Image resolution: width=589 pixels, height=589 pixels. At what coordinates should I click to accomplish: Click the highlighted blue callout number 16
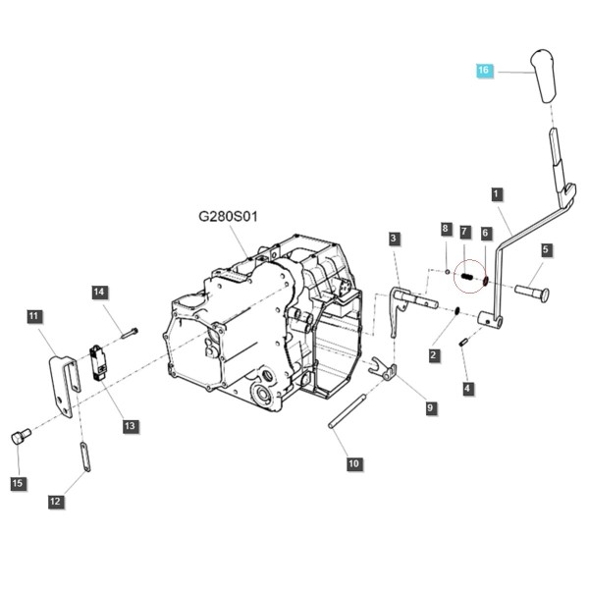coord(483,71)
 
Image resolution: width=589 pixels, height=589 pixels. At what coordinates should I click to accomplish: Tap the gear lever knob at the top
coord(543,76)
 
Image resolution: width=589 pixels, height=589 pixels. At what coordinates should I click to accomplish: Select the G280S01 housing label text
coord(228,217)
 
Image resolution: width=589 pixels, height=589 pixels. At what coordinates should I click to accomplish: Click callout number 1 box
coord(497,194)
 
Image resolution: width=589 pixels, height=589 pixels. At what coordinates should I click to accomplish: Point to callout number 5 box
coord(547,249)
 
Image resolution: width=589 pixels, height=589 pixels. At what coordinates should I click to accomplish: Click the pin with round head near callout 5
coord(532,292)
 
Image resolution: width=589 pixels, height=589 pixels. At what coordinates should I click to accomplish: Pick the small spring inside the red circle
coord(466,276)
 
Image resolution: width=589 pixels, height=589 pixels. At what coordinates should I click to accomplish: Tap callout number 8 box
coord(446,229)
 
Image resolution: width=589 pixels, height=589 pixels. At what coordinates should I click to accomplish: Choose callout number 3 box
coord(394,239)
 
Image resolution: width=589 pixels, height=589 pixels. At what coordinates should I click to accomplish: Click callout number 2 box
coord(434,355)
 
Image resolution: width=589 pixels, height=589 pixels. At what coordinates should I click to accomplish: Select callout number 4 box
coord(467,388)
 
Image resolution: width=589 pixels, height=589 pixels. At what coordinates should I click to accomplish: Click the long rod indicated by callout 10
coord(347,409)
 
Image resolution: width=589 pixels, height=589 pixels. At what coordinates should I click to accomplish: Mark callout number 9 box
coord(431,408)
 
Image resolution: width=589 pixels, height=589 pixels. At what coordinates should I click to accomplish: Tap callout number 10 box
coord(353,463)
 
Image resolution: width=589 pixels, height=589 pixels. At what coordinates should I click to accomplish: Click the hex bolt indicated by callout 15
coord(21,437)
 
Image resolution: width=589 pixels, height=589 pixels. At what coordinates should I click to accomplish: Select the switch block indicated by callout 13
coord(97,362)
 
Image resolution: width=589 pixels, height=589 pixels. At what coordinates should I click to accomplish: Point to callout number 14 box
coord(99,293)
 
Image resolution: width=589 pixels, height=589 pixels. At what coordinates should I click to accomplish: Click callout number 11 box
coord(33,316)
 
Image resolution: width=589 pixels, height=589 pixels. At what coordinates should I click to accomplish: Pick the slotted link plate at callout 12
coord(84,456)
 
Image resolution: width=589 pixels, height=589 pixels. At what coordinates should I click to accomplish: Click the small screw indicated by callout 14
coord(130,333)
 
